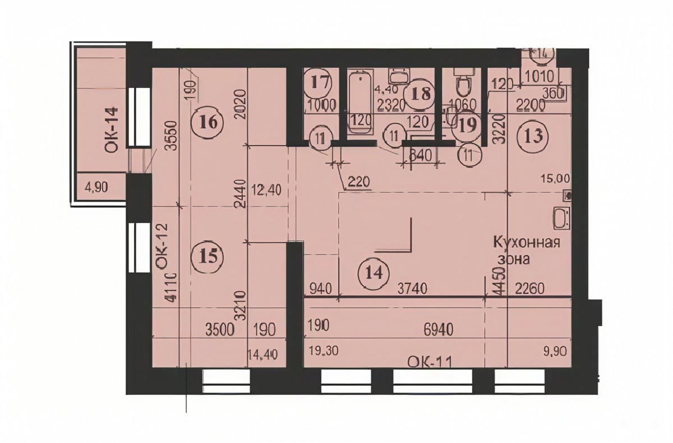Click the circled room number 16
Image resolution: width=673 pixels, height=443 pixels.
[206, 122]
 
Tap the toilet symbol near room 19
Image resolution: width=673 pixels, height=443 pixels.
[463, 83]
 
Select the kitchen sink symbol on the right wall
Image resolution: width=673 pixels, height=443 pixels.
[561, 218]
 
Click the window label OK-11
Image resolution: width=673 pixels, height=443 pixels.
[430, 362]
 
